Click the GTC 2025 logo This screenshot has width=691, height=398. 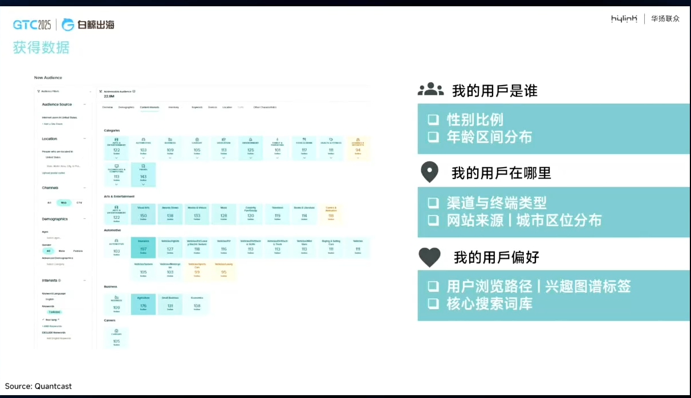coord(32,25)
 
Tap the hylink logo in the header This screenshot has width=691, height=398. coord(624,19)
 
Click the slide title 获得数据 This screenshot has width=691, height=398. coord(40,47)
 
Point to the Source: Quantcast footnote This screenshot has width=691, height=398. coord(39,386)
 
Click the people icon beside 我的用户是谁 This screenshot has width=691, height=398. coord(430,90)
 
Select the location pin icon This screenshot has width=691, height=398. coord(429,172)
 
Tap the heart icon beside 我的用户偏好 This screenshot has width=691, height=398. coord(430,257)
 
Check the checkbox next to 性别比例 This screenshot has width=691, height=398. coord(434,120)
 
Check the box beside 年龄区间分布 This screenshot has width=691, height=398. coord(434,137)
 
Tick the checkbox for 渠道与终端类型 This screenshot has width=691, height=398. coord(434,202)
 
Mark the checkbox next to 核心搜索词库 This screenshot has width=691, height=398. coord(434,303)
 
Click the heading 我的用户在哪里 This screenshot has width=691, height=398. coord(501,172)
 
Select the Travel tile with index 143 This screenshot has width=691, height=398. coord(143,174)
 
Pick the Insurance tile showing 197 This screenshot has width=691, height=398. coord(143,247)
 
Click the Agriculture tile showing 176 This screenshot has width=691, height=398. coord(143,303)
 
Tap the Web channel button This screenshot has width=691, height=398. coord(64,202)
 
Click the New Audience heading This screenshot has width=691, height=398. coord(48,78)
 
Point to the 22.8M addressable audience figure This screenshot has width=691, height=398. coord(109,96)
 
